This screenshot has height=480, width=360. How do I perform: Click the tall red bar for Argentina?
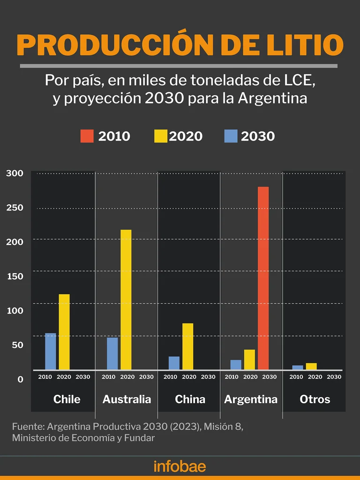tap(263, 278)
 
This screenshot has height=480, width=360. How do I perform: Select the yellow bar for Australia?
tap(126, 300)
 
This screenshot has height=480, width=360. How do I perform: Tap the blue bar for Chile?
tap(51, 351)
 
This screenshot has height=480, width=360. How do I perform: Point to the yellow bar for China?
tap(188, 346)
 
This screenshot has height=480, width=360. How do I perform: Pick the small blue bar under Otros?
tap(298, 367)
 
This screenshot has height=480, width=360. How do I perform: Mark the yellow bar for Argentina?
tap(249, 360)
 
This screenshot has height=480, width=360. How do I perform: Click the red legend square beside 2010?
tap(87, 136)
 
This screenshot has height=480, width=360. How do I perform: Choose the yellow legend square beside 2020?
tap(160, 136)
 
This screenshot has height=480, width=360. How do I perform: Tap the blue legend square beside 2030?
tap(231, 136)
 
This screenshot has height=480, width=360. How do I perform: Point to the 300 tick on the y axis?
tap(15, 173)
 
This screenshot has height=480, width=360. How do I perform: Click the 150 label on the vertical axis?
tap(15, 276)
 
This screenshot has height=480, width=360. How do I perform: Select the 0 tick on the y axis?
tap(20, 379)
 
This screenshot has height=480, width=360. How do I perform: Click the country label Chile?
tap(67, 399)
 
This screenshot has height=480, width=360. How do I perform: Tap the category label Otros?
tap(315, 399)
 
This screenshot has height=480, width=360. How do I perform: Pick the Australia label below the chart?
tap(127, 399)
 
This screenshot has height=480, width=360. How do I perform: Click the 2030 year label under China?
tap(208, 377)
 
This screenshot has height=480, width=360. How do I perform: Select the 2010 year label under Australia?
tap(108, 377)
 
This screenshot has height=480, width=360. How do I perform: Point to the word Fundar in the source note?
tap(140, 438)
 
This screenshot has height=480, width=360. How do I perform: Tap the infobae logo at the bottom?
tap(180, 466)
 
